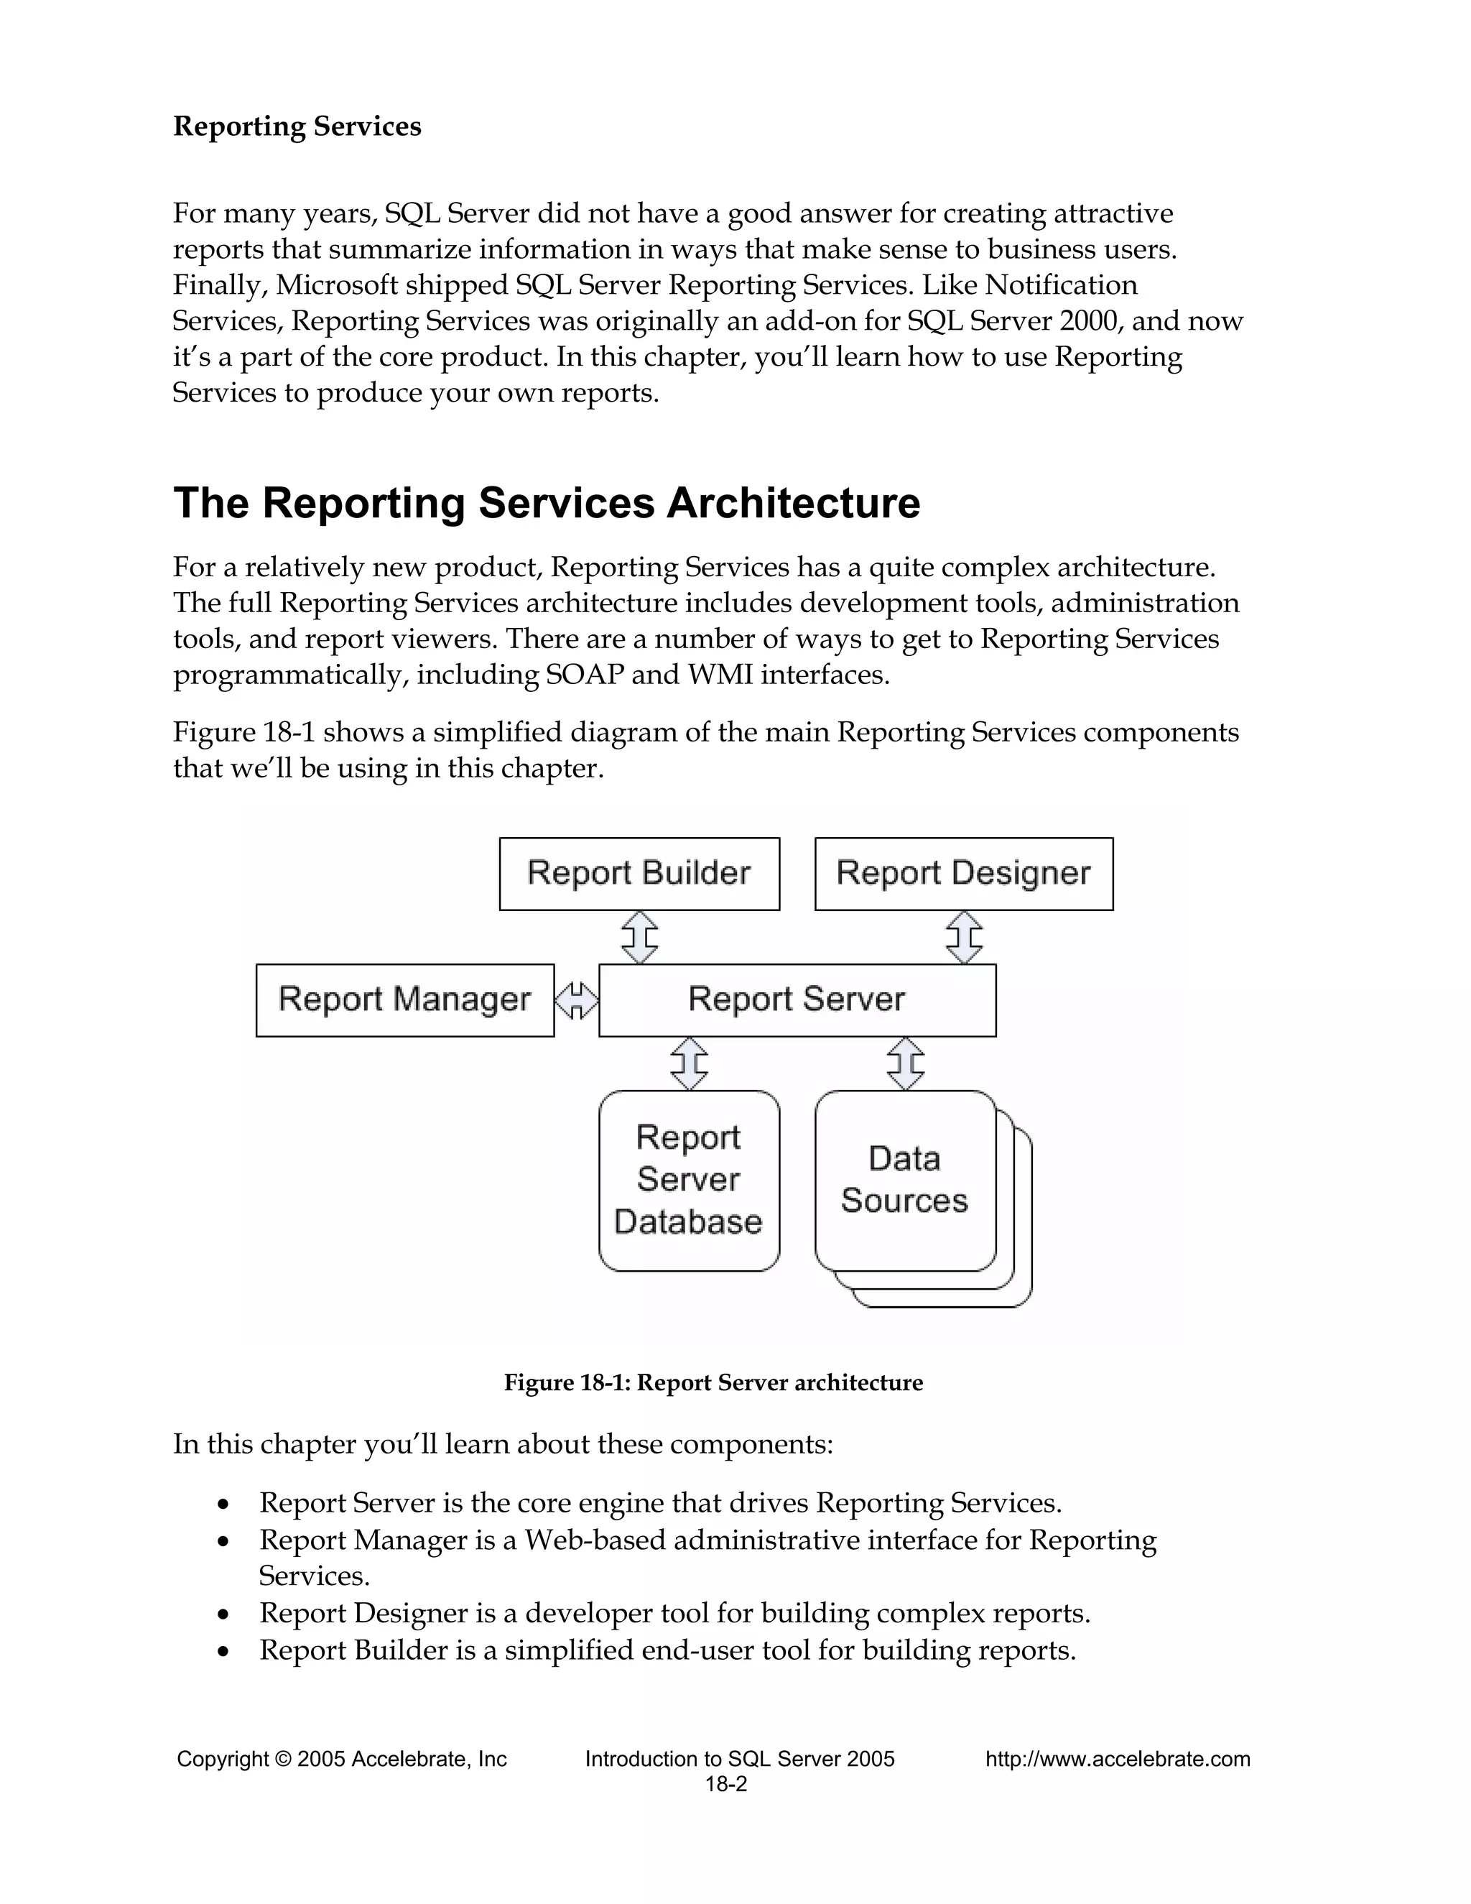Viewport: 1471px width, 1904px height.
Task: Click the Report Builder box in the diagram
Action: tap(639, 874)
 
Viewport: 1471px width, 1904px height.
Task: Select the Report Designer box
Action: tap(963, 874)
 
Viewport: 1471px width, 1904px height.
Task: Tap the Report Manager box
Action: tap(404, 1000)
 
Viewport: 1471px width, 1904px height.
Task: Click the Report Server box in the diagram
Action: tap(797, 1000)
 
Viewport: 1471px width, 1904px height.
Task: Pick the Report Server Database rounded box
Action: tap(688, 1180)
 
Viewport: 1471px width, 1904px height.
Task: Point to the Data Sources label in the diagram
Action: tap(904, 1180)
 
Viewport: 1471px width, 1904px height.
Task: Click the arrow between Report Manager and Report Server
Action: tap(576, 1000)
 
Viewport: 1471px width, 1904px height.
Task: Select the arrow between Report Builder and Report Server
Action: tap(639, 937)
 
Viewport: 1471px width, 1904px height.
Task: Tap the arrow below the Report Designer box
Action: tap(964, 937)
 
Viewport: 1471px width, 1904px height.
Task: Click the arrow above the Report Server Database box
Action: tap(688, 1063)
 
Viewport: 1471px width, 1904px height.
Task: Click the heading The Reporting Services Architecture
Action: tap(547, 504)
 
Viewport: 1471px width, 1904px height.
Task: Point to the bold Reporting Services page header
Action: tap(297, 126)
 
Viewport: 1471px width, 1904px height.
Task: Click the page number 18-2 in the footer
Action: tap(726, 1785)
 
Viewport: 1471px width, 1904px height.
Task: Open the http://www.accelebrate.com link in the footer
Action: tap(1117, 1760)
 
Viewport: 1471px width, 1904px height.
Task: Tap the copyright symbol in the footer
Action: tap(282, 1760)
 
